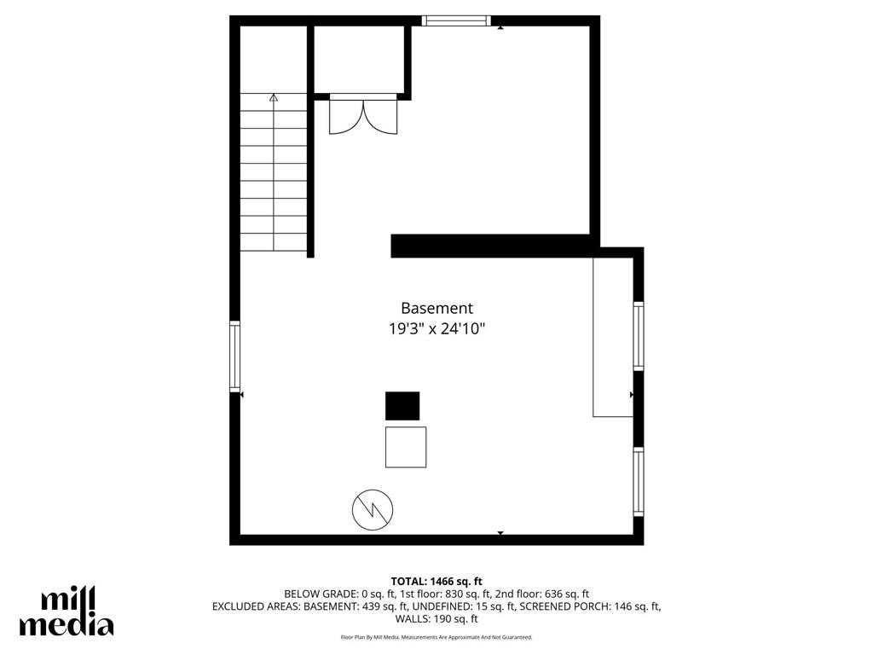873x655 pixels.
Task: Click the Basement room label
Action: pyautogui.click(x=436, y=309)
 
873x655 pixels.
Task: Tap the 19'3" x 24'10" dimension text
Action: pyautogui.click(x=436, y=329)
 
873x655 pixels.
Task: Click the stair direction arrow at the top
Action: pyautogui.click(x=274, y=98)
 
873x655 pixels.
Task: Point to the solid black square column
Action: pyautogui.click(x=402, y=406)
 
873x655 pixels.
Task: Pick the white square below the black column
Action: pyautogui.click(x=406, y=447)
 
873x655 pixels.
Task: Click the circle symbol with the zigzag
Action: pyautogui.click(x=373, y=510)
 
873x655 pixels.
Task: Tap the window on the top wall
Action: pyautogui.click(x=457, y=20)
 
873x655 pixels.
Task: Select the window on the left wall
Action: pyautogui.click(x=235, y=356)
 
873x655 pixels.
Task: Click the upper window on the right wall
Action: pyautogui.click(x=639, y=336)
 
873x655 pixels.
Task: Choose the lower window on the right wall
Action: pyautogui.click(x=639, y=483)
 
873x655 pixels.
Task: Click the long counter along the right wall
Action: pyautogui.click(x=613, y=336)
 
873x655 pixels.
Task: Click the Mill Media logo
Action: pyautogui.click(x=66, y=612)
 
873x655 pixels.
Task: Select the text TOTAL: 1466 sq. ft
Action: pyautogui.click(x=436, y=581)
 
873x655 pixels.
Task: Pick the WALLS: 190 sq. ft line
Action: pyautogui.click(x=436, y=619)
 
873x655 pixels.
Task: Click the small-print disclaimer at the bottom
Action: pyautogui.click(x=436, y=637)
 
